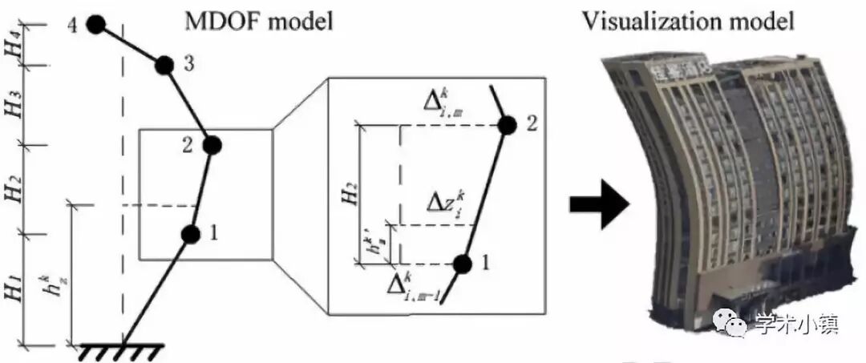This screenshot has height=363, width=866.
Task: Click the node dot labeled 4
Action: (95, 26)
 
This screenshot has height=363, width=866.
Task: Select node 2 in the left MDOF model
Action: (212, 145)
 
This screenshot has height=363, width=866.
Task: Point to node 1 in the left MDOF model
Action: (190, 234)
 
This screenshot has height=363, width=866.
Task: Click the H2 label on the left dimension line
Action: (14, 190)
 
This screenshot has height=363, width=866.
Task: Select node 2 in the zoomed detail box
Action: (507, 126)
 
